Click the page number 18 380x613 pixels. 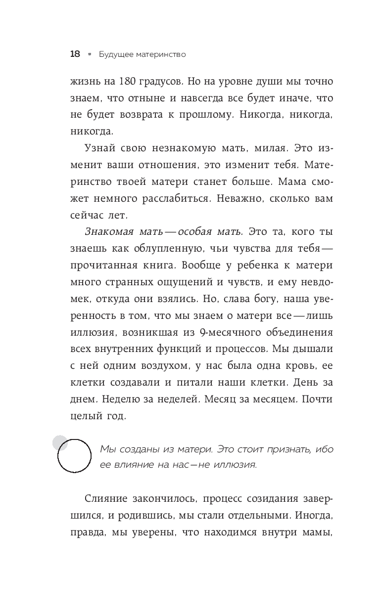(x=75, y=54)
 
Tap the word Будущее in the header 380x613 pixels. (x=114, y=54)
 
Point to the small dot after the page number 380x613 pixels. (x=89, y=55)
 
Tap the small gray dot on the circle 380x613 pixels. (x=60, y=442)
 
